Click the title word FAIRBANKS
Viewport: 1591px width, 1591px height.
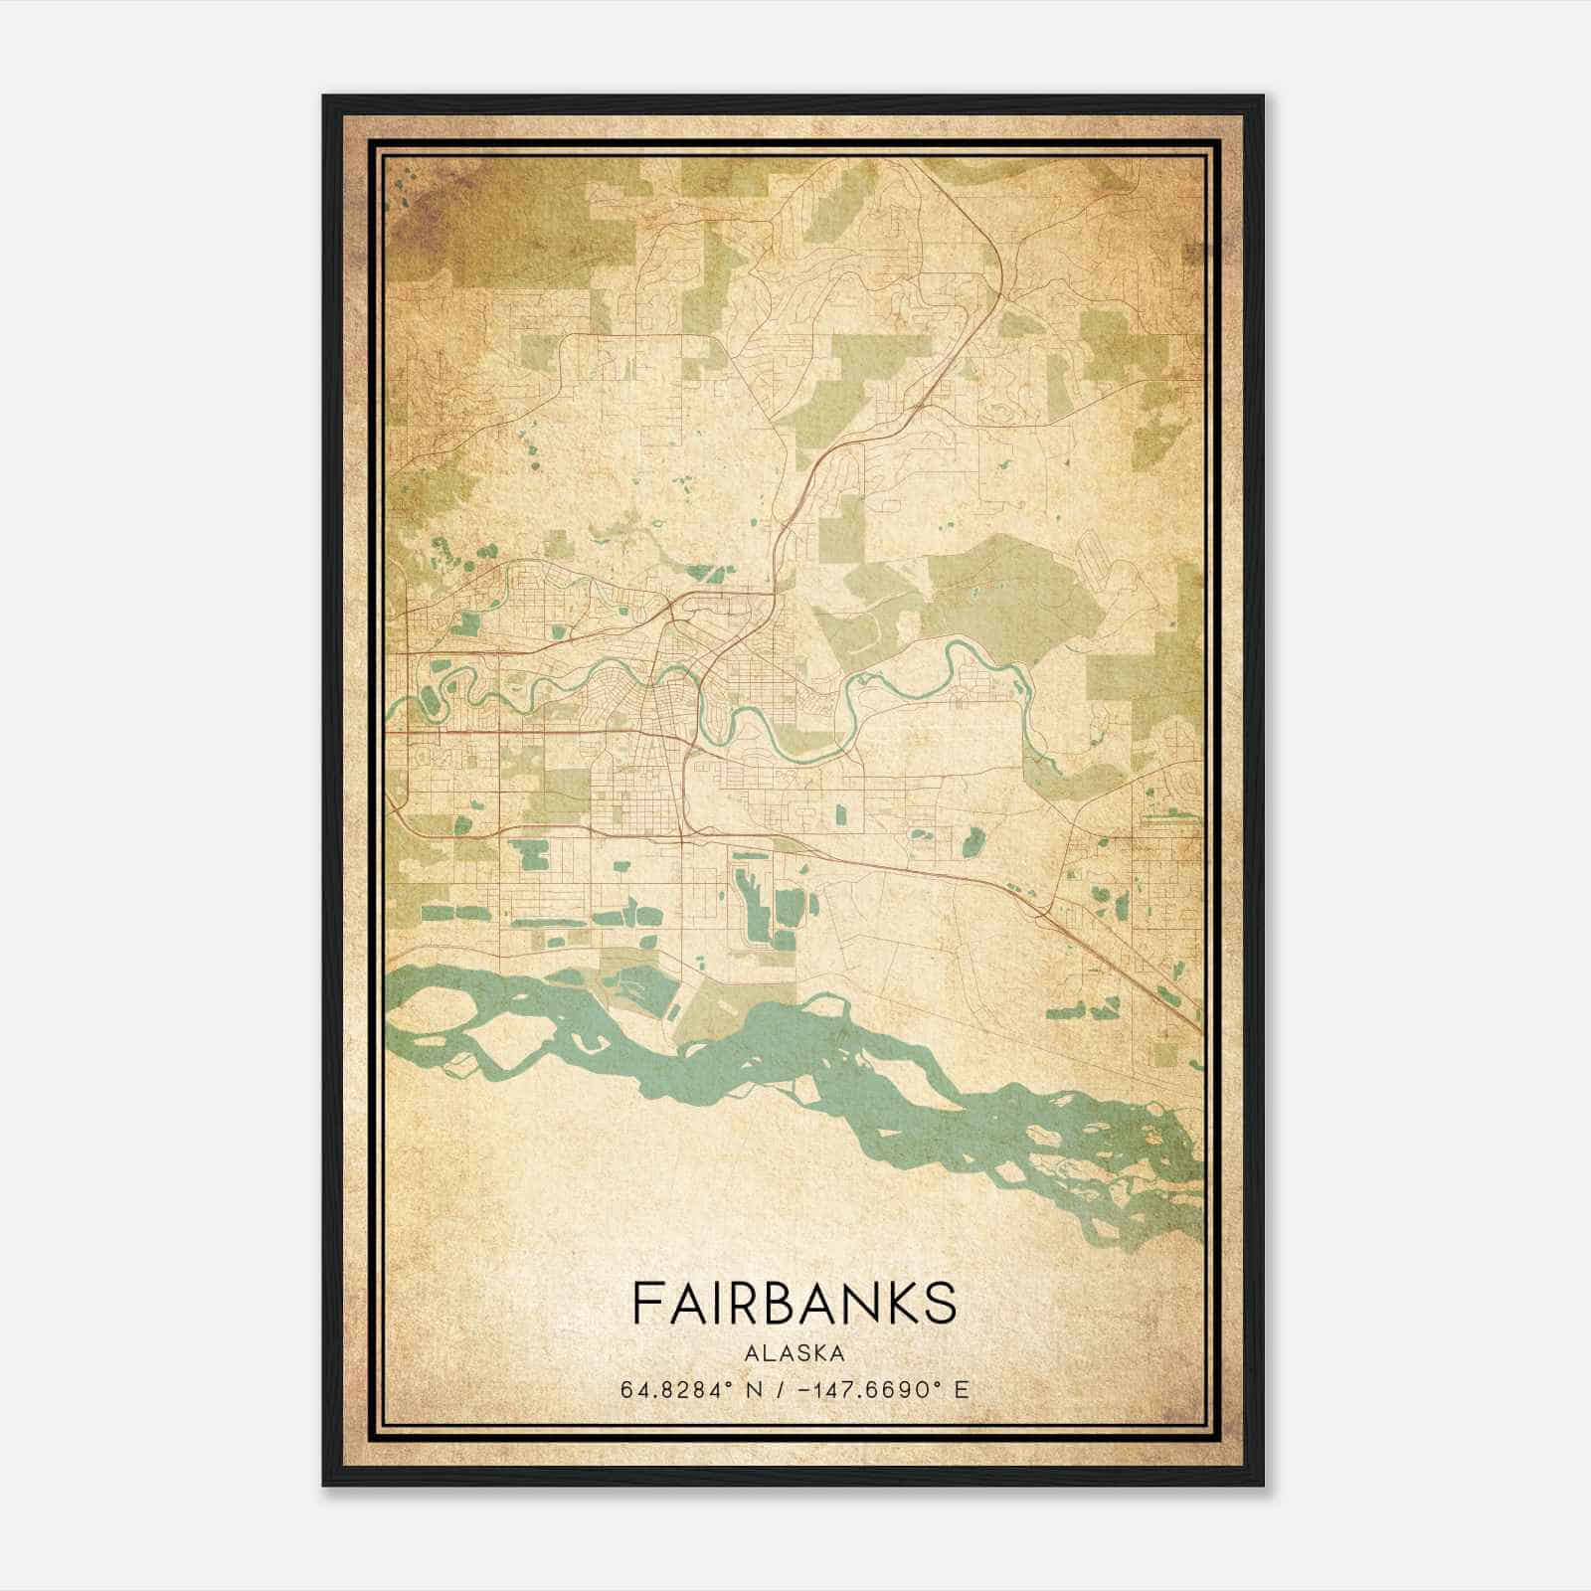(x=795, y=1303)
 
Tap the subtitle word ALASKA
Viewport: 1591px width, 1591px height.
(x=795, y=1353)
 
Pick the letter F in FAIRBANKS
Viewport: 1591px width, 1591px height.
(x=645, y=1303)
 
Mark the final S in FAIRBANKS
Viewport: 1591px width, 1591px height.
(x=940, y=1303)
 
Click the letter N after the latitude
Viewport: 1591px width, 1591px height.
(x=763, y=1389)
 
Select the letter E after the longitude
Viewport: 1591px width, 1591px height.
(x=961, y=1389)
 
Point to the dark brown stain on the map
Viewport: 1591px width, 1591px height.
(x=428, y=214)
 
